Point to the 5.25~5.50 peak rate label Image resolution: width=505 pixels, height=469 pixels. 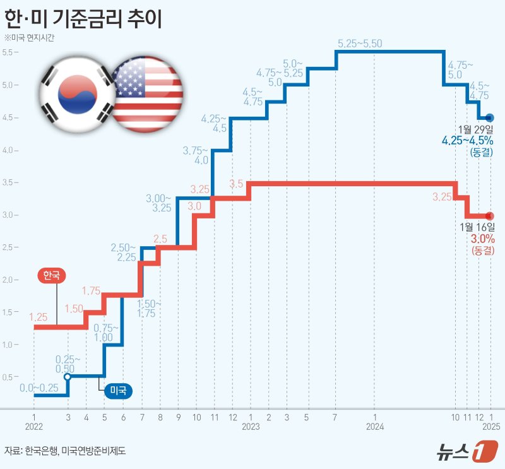click(x=360, y=44)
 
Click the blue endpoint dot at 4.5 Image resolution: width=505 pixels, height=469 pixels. click(x=490, y=117)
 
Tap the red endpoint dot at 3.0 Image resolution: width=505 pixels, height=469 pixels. click(x=490, y=216)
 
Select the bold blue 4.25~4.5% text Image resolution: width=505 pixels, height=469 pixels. click(x=468, y=141)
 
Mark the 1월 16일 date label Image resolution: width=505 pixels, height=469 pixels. click(x=477, y=227)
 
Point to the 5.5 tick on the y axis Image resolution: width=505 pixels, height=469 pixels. click(x=9, y=52)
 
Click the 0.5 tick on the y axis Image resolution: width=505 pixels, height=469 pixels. click(x=9, y=377)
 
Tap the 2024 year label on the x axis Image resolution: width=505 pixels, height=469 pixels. click(x=375, y=427)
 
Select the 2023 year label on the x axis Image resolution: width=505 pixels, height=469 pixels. click(x=251, y=427)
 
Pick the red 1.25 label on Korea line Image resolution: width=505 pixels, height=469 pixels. click(x=39, y=316)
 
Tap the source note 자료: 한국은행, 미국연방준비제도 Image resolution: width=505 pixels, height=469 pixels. click(x=66, y=451)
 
